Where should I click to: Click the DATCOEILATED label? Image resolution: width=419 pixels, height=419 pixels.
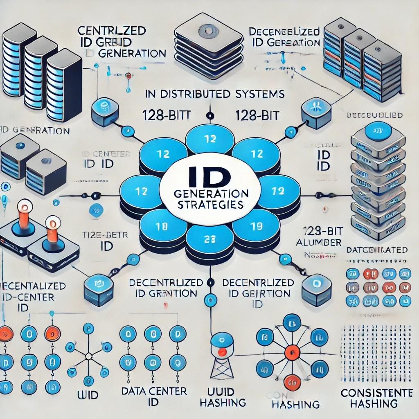(x=376, y=250)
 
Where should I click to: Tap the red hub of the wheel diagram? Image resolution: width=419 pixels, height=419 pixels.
(x=291, y=351)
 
